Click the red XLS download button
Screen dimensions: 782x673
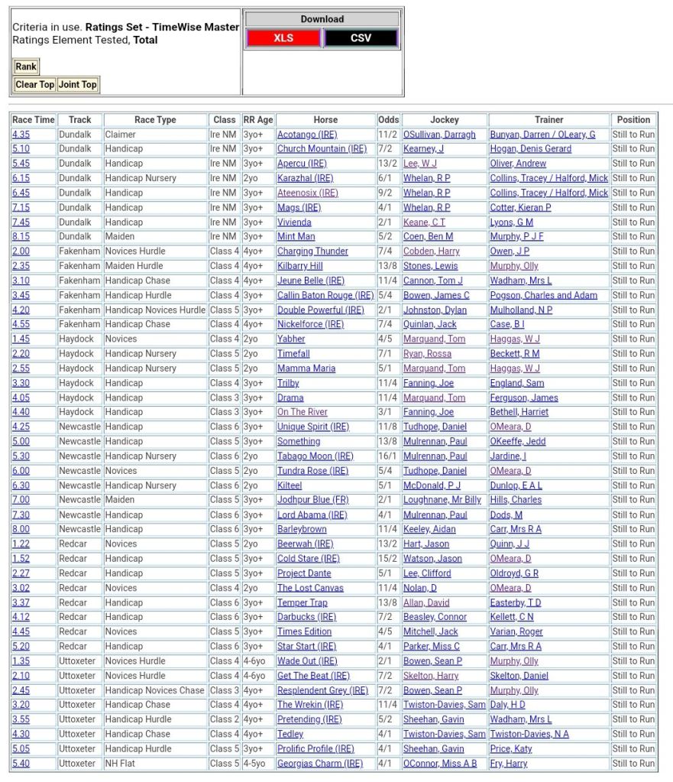[x=283, y=38]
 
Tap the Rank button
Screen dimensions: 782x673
[x=26, y=67]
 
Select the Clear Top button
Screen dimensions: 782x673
[x=35, y=85]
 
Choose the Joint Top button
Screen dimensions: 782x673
[x=79, y=85]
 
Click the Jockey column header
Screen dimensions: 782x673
[x=445, y=120]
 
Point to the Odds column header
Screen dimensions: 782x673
[x=388, y=120]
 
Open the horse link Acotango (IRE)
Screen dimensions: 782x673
[x=307, y=135]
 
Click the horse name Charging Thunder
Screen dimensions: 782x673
[x=312, y=251]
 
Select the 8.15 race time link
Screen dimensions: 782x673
[x=21, y=237]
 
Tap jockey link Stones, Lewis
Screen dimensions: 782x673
[x=430, y=266]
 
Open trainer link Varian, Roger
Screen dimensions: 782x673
[x=517, y=631]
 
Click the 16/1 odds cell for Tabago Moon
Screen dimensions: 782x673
[x=388, y=456]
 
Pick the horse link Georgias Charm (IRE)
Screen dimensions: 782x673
[x=320, y=763]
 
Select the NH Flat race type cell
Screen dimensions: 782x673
[x=122, y=763]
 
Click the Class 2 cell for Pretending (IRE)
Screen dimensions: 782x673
[x=224, y=719]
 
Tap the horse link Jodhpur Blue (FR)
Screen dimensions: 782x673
[x=312, y=500]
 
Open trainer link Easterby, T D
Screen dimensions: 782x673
[x=516, y=602]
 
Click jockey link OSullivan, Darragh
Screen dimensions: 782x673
[x=439, y=135]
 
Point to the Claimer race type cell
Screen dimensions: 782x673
[x=120, y=135]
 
